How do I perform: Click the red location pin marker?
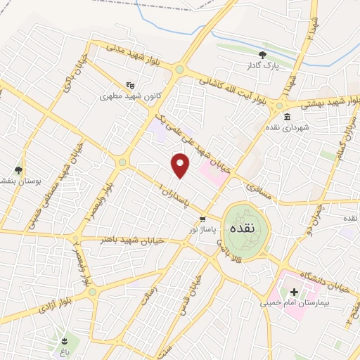click(x=181, y=165)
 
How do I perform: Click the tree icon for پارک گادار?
click(x=263, y=54)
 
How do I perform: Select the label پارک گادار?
click(x=263, y=65)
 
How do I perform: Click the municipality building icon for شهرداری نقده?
click(x=287, y=117)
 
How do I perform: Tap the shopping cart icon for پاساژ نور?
click(x=202, y=218)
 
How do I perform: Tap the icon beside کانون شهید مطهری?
click(x=129, y=85)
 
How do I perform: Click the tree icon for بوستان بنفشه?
click(x=18, y=170)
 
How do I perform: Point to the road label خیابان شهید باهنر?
click(x=133, y=240)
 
